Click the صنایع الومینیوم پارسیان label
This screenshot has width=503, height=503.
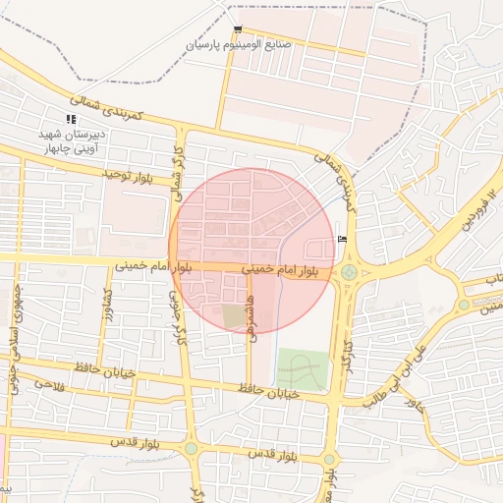[x=245, y=45]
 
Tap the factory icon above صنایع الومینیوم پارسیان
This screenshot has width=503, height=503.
[x=239, y=29]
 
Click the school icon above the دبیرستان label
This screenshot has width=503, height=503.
[x=70, y=119]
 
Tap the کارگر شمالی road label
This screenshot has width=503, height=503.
[x=178, y=171]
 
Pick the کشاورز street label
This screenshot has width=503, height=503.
[x=106, y=307]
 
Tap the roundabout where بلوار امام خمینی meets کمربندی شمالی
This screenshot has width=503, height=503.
[x=349, y=272]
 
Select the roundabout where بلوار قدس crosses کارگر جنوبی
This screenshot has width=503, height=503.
[x=191, y=449]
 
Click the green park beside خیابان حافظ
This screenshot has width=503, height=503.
[x=302, y=369]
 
